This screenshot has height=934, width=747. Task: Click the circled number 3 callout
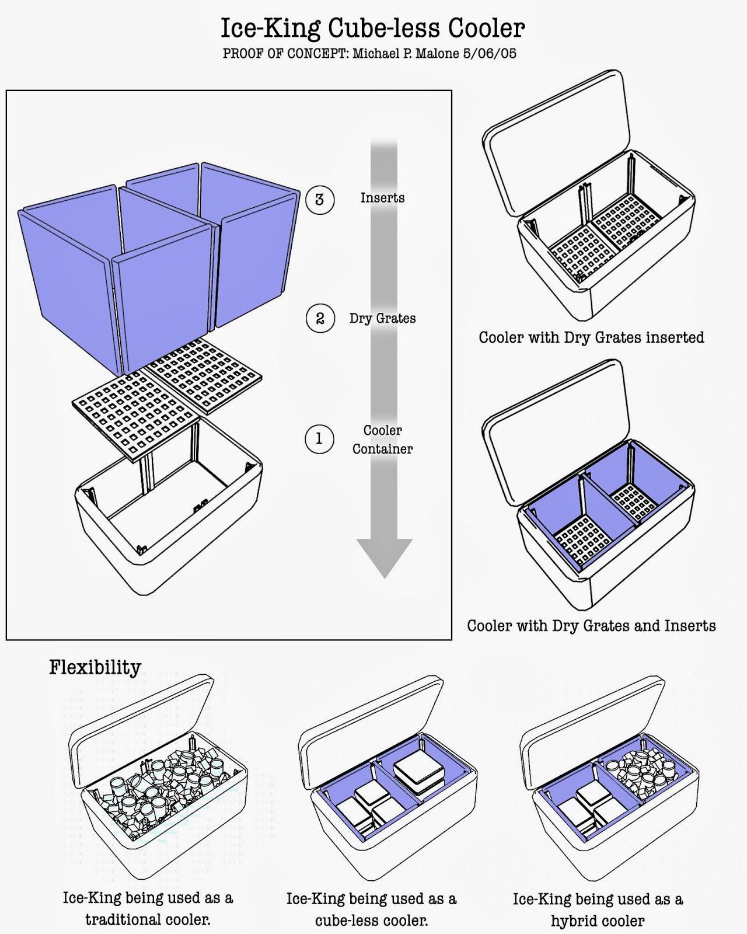[319, 200]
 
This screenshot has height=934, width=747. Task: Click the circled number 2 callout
[320, 319]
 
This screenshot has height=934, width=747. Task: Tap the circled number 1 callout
[319, 439]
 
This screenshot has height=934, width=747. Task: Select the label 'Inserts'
[382, 198]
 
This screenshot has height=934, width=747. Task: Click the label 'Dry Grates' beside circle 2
[383, 318]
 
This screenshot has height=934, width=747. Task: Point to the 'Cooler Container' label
[382, 440]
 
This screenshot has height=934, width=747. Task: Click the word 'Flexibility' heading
[95, 667]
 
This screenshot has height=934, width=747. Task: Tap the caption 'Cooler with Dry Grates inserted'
[591, 337]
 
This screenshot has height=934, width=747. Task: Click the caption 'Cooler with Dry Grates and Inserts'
[591, 626]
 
